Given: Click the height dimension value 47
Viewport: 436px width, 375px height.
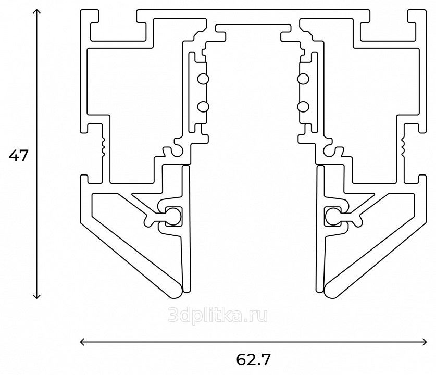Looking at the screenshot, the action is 18,155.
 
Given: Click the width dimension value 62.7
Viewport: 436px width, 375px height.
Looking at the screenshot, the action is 253,359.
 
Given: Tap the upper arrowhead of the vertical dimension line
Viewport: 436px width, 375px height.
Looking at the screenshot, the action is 36,11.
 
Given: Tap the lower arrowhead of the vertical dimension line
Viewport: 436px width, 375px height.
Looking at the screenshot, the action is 36,296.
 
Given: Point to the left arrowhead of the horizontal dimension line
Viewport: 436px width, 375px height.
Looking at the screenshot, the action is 83,342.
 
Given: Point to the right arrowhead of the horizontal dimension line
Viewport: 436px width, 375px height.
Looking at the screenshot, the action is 424,342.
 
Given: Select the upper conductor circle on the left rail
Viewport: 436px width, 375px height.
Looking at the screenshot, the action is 203,79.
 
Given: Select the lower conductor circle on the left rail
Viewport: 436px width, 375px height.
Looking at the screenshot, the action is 203,107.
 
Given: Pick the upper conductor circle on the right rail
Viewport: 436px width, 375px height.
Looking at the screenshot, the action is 303,79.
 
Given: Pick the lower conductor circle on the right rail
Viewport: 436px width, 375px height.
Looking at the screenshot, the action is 303,107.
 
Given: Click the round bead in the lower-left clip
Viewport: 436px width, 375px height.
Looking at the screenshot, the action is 173,216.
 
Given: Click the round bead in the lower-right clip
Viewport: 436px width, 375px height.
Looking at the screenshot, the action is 333,216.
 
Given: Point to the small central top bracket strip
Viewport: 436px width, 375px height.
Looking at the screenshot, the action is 253,27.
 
